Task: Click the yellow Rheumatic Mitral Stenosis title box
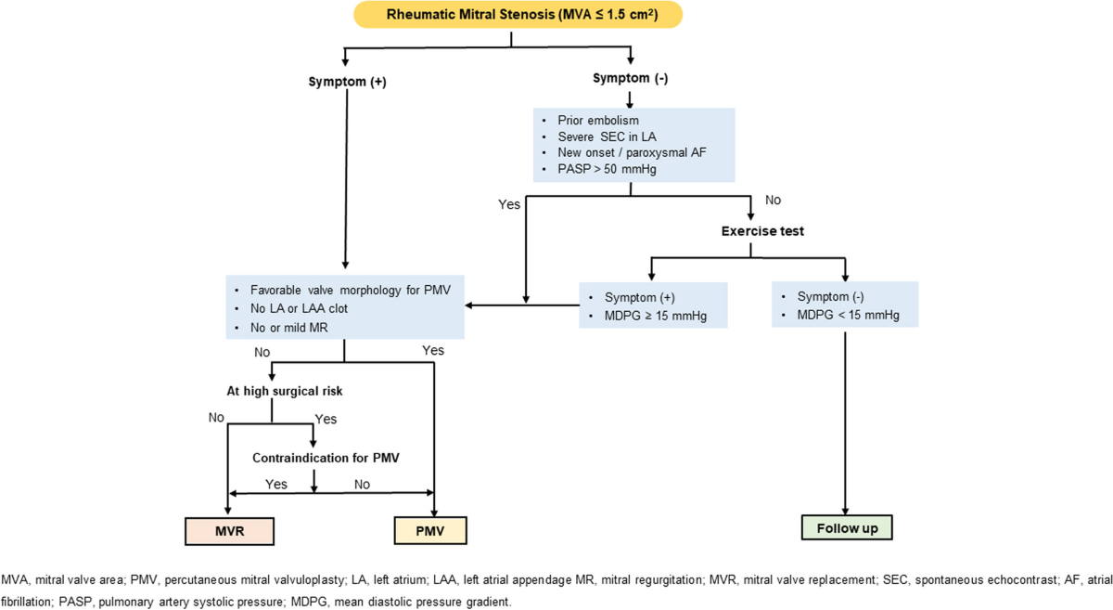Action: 518,15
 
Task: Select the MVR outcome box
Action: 230,531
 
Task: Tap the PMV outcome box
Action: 430,531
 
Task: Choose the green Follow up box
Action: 847,528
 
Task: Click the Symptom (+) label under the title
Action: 347,82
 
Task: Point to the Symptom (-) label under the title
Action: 631,78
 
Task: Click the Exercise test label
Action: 762,231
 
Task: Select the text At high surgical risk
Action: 285,392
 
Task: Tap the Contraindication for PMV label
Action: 326,458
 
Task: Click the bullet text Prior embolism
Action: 598,121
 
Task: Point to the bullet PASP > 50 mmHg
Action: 607,169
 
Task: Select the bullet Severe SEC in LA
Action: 607,136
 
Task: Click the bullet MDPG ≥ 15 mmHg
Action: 656,316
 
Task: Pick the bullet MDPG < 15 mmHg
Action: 848,315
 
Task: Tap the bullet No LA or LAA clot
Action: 299,308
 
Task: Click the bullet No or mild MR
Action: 288,328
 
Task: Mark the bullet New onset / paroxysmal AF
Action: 632,153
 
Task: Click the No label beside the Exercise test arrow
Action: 774,200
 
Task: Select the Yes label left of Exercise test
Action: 509,204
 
